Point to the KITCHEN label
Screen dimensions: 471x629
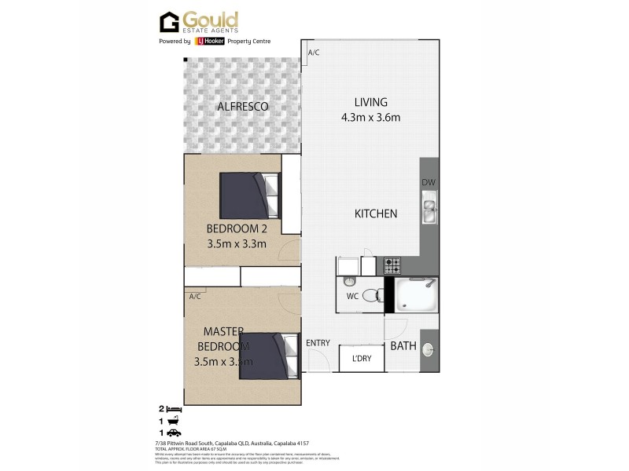376,214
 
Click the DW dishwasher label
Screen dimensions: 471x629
428,184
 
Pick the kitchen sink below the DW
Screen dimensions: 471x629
429,210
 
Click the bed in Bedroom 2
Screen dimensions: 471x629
248,195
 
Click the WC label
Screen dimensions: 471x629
352,296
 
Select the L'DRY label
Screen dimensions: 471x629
362,360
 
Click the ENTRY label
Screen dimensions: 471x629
318,342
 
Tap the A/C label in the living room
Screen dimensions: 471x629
313,53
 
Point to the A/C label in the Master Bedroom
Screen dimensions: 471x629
195,296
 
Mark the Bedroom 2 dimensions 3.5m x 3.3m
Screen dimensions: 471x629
237,243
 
